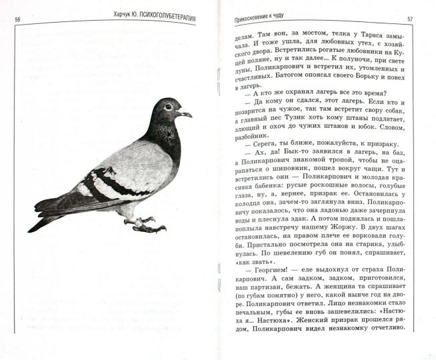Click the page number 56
tap(18, 18)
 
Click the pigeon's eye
tap(167, 107)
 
